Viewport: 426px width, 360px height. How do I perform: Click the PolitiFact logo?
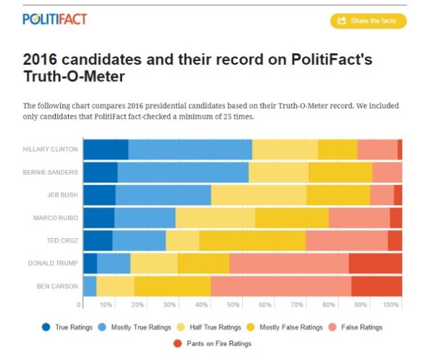[55, 19]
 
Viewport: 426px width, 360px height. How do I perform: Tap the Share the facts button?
[368, 21]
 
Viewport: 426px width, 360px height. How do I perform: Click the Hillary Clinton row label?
[50, 149]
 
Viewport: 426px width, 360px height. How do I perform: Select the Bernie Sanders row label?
[51, 172]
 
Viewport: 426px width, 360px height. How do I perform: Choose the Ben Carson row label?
[58, 286]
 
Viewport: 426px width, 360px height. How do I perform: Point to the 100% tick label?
[391, 304]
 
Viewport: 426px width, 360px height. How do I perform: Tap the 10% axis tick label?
[106, 304]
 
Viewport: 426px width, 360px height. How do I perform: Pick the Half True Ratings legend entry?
[211, 328]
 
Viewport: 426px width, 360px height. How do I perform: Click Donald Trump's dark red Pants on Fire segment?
[375, 263]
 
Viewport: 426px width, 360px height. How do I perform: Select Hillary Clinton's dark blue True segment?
[106, 149]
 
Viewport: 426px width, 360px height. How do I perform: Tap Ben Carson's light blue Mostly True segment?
[90, 286]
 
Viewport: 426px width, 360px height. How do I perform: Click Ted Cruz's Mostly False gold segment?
[252, 241]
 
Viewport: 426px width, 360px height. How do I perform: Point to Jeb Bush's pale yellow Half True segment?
[258, 195]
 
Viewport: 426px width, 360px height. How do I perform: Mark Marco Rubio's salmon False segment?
[358, 218]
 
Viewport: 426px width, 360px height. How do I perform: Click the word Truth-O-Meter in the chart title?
[73, 77]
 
